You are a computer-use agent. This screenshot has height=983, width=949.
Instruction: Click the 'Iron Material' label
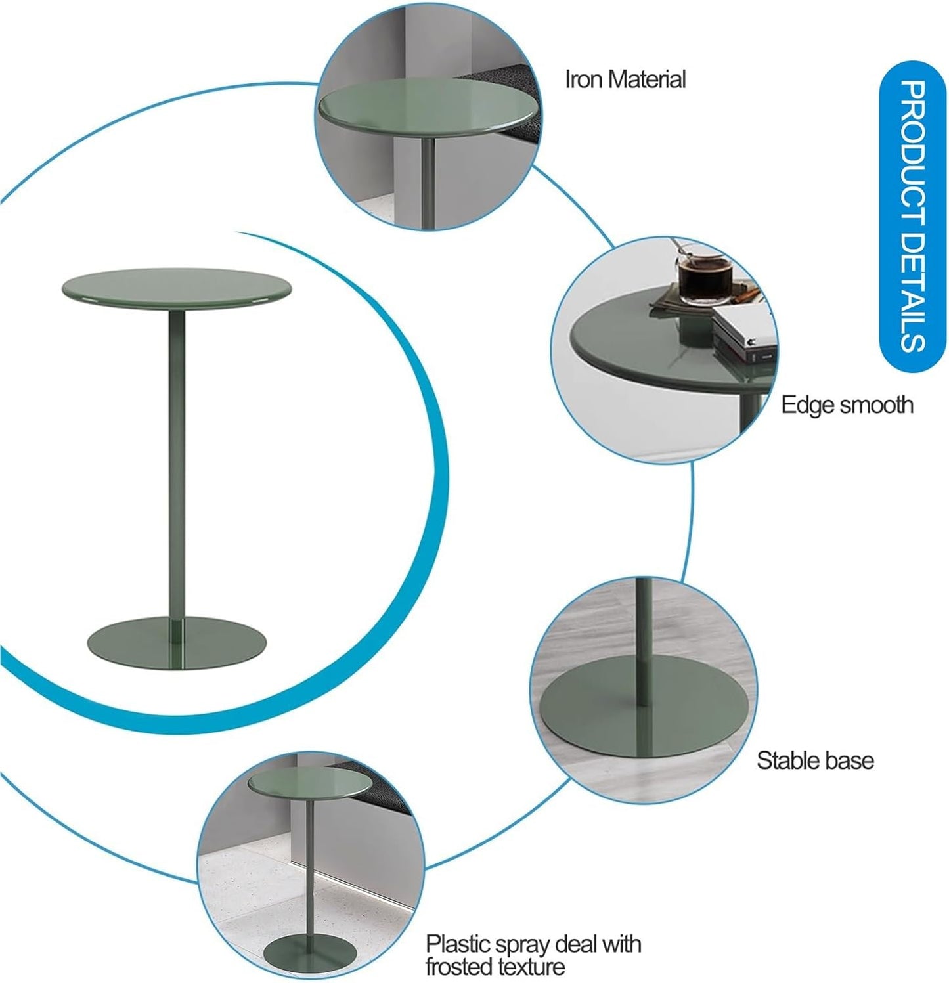click(x=625, y=79)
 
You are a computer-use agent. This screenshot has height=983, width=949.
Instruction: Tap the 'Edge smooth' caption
click(x=847, y=404)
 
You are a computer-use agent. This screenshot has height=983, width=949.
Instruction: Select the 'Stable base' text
click(x=815, y=760)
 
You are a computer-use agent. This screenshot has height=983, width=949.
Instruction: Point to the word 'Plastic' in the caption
click(x=458, y=944)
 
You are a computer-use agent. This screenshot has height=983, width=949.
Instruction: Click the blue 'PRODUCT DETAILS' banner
click(x=912, y=217)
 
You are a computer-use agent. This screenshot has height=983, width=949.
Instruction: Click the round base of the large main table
click(x=177, y=643)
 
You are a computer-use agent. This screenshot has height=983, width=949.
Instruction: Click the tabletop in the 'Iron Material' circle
click(x=428, y=108)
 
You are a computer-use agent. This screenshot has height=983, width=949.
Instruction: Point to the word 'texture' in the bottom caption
click(x=536, y=967)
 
